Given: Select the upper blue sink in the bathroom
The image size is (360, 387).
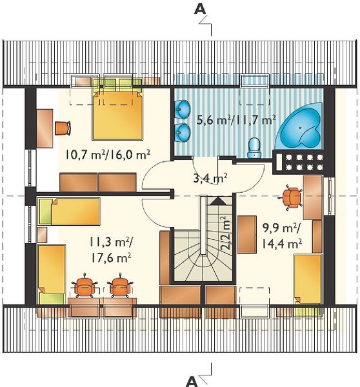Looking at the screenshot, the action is pos(183,110).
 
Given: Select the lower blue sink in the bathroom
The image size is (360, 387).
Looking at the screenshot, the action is pos(183,133).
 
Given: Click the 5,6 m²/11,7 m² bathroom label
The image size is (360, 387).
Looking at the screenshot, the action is pos(236,120).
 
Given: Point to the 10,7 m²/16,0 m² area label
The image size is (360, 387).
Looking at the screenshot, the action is pos(108,155).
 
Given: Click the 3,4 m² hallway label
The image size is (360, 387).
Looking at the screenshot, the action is pos(210,178).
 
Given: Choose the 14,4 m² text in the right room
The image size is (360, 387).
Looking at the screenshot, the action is pos(281,244).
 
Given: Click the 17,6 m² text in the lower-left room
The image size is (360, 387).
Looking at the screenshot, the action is pos(111,259).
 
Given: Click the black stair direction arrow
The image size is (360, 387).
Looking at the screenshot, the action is pos(217,201).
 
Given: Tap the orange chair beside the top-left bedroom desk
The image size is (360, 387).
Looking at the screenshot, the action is pos(63,128).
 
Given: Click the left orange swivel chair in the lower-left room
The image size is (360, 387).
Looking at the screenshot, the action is pos(85,286).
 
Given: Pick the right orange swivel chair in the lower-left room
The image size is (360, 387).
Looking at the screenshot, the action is pos(120,286).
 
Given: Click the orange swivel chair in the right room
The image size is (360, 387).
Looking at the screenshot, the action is pos(292,197).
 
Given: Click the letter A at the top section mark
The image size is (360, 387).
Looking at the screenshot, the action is pos(200,10).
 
